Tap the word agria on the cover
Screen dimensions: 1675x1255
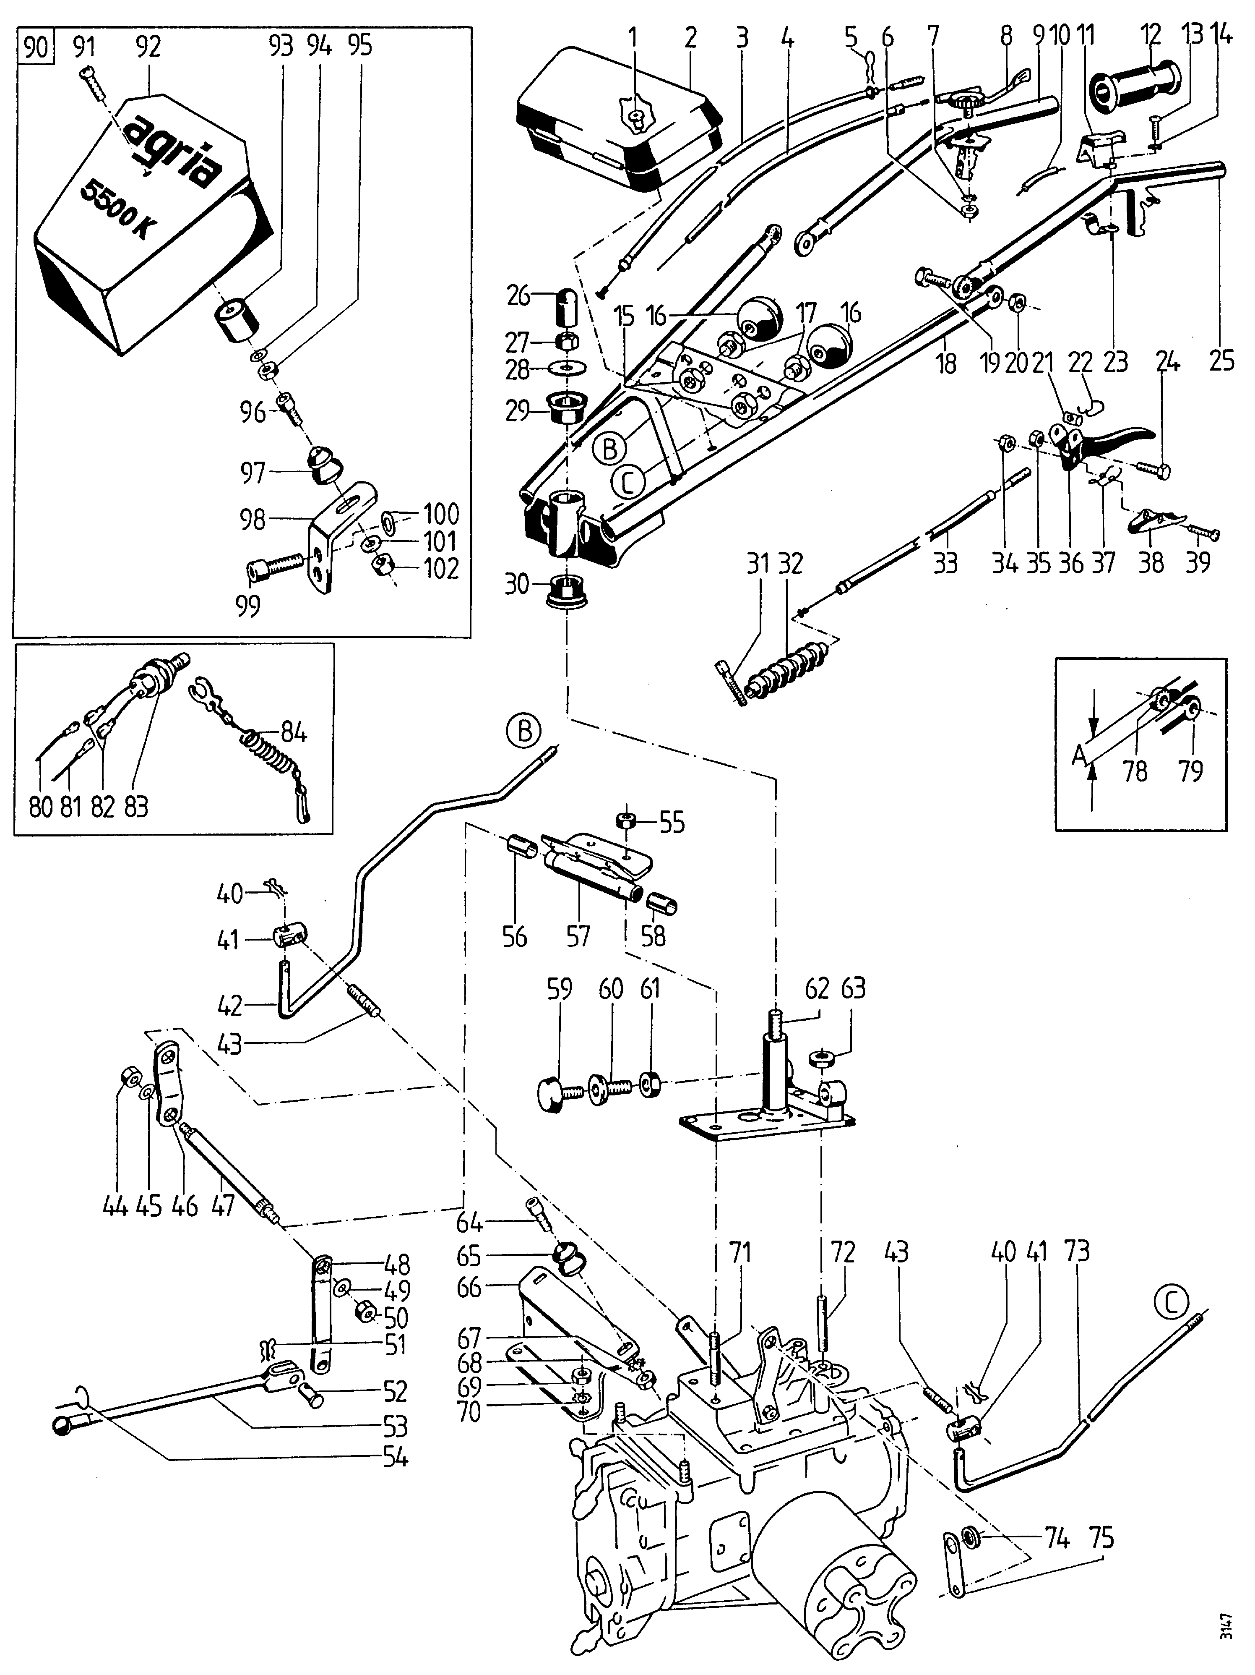pyautogui.click(x=170, y=152)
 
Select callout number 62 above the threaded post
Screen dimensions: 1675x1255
pyautogui.click(x=817, y=989)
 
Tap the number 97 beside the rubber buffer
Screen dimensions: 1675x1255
pyautogui.click(x=253, y=474)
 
